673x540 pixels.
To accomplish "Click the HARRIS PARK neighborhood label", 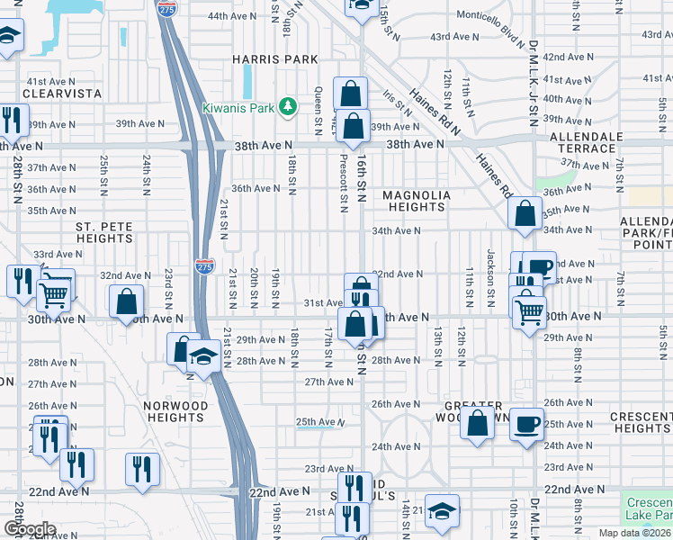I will tap(275, 59).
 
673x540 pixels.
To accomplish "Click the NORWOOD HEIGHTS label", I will tap(175, 411).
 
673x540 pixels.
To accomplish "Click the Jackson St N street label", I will tap(491, 276).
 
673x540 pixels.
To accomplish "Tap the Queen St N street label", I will tap(319, 106).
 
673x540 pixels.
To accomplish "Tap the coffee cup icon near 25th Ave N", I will tap(526, 422).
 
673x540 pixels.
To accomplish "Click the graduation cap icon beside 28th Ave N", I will tap(204, 360).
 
